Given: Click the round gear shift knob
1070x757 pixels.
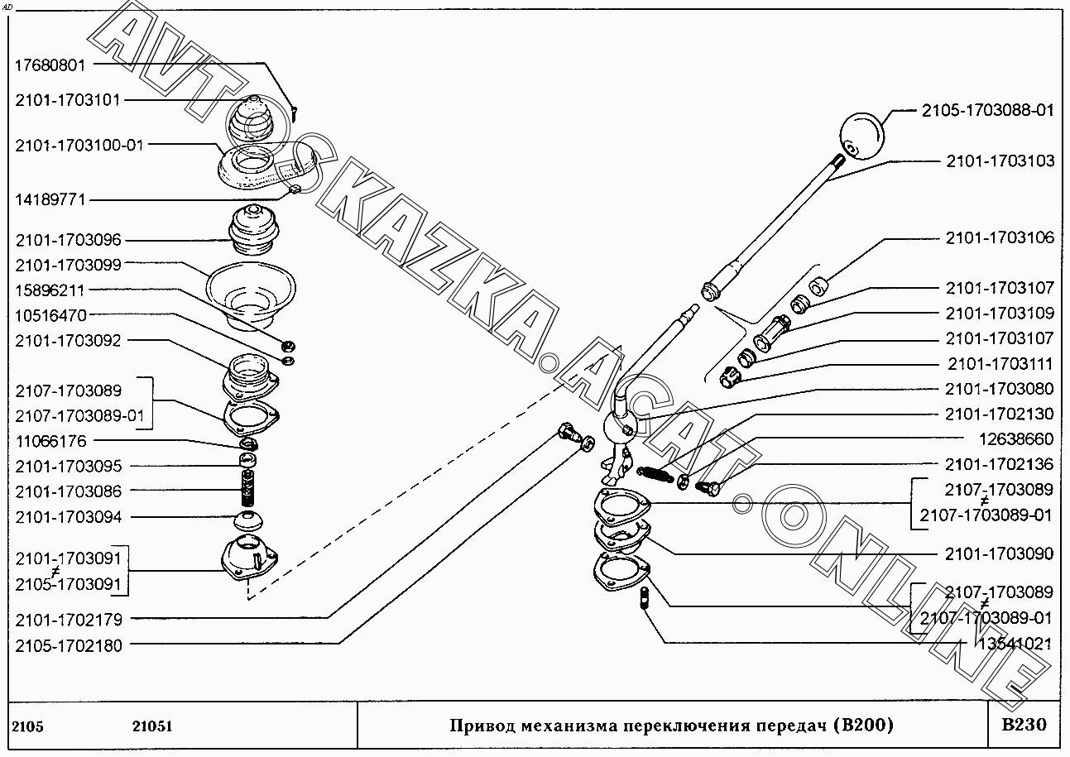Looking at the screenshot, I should pos(862,136).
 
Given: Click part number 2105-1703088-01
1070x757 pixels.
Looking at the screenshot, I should pos(987,111).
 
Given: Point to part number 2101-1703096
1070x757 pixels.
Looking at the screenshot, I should pos(68,241).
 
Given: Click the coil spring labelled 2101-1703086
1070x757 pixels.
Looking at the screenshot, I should pos(247,488).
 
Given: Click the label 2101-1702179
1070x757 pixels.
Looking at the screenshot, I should pos(68,619).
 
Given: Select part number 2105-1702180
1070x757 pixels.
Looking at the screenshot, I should pos(68,646).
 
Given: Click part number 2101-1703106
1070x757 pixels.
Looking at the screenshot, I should pos(1000,238).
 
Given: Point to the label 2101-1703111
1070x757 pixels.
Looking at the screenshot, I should pos(1000,364).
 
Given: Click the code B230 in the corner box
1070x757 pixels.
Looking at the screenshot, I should pos(1024,726).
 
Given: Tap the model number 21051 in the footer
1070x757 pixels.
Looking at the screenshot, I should pos(152,727).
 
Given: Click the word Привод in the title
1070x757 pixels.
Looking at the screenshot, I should pos(479,726).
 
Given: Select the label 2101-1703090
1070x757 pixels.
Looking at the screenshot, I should pos(1000,553).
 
